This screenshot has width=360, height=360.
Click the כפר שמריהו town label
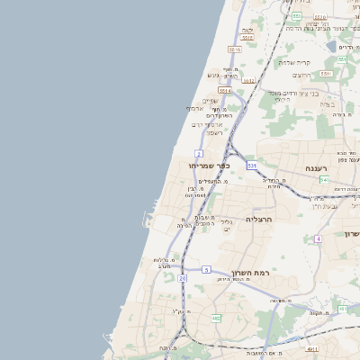coord(210,166)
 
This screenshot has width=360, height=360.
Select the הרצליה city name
coord(258,219)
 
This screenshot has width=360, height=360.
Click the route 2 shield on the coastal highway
coord(198,153)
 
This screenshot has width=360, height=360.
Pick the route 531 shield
coord(252,166)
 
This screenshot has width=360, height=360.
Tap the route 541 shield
coord(324,180)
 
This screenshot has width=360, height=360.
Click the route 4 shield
coord(318,238)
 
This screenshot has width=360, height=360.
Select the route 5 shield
coord(206,269)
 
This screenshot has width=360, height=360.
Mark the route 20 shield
coord(183,279)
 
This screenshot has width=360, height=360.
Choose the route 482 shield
coord(216,318)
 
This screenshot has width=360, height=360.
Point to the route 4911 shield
coord(312,349)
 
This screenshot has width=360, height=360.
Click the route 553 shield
coord(296,16)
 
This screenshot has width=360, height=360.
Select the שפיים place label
coord(210,101)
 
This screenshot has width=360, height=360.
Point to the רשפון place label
coord(213,132)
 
